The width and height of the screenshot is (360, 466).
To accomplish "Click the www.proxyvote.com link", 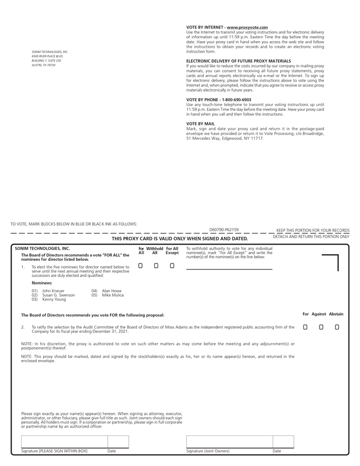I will click(247, 27).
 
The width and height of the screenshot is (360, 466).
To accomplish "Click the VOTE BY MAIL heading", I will click(200, 124).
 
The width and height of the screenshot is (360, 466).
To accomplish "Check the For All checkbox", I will click(140, 266).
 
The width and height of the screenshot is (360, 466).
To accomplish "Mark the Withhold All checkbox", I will click(156, 266).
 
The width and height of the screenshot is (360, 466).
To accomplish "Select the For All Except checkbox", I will click(172, 266).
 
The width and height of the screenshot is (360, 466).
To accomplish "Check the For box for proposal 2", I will click(305, 327).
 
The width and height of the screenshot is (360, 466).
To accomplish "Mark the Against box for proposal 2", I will click(321, 327).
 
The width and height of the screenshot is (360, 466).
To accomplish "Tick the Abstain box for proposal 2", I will click(337, 327).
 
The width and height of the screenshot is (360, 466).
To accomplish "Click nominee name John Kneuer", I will click(53, 291).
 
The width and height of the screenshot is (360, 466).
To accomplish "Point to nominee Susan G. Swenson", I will click(58, 295).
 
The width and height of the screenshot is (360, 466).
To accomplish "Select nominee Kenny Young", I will click(54, 300).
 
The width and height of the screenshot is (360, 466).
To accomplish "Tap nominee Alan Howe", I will click(111, 291).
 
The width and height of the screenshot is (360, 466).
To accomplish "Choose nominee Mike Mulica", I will click(113, 295).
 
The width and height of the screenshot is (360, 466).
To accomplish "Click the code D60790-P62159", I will click(224, 230).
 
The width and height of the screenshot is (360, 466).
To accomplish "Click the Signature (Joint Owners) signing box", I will click(229, 442).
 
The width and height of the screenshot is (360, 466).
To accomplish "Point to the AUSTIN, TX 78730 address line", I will click(44, 65).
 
